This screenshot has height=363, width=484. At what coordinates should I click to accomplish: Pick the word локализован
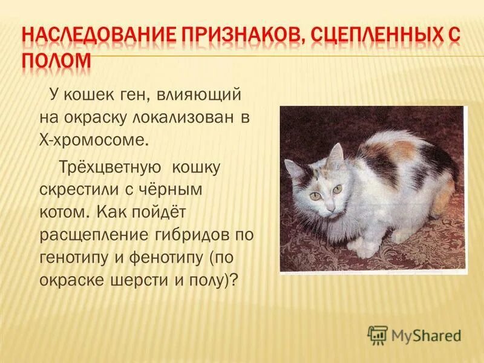pos(178,119)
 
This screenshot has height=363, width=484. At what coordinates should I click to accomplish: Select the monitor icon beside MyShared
pos(378,335)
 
